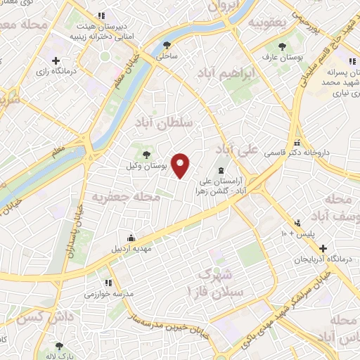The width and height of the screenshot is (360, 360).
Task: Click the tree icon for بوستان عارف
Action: [x=282, y=46]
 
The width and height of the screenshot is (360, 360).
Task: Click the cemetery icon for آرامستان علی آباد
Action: [x=222, y=171]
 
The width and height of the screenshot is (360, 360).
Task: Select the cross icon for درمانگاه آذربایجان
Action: [x=323, y=248]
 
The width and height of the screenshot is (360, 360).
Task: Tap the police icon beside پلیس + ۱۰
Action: [x=300, y=221]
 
